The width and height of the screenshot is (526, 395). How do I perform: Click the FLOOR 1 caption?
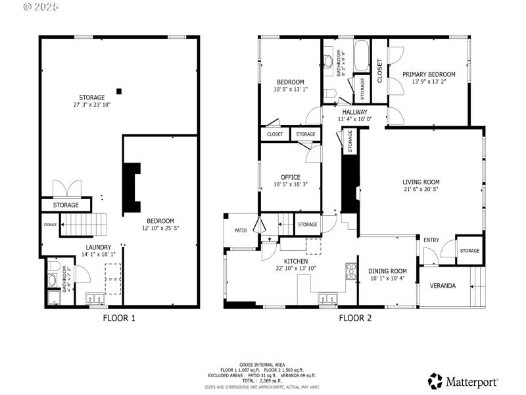119,318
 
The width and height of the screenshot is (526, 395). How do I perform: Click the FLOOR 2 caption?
355,318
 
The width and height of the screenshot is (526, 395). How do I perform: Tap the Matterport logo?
464,381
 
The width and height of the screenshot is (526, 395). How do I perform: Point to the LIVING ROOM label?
421,182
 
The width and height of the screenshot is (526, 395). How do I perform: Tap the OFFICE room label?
290,177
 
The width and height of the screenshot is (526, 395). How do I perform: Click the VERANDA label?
442,286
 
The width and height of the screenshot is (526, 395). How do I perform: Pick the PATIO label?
241,230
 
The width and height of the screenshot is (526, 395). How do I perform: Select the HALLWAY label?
354,112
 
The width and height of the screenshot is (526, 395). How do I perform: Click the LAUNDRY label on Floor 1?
98,247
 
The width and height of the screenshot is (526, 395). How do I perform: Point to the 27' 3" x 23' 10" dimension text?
92,105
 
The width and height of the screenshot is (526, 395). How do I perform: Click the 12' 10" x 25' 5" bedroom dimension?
160,228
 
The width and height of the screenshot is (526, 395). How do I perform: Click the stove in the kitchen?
351,271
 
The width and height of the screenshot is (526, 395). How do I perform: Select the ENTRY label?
431,240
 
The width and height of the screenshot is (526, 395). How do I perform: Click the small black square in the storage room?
118,91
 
